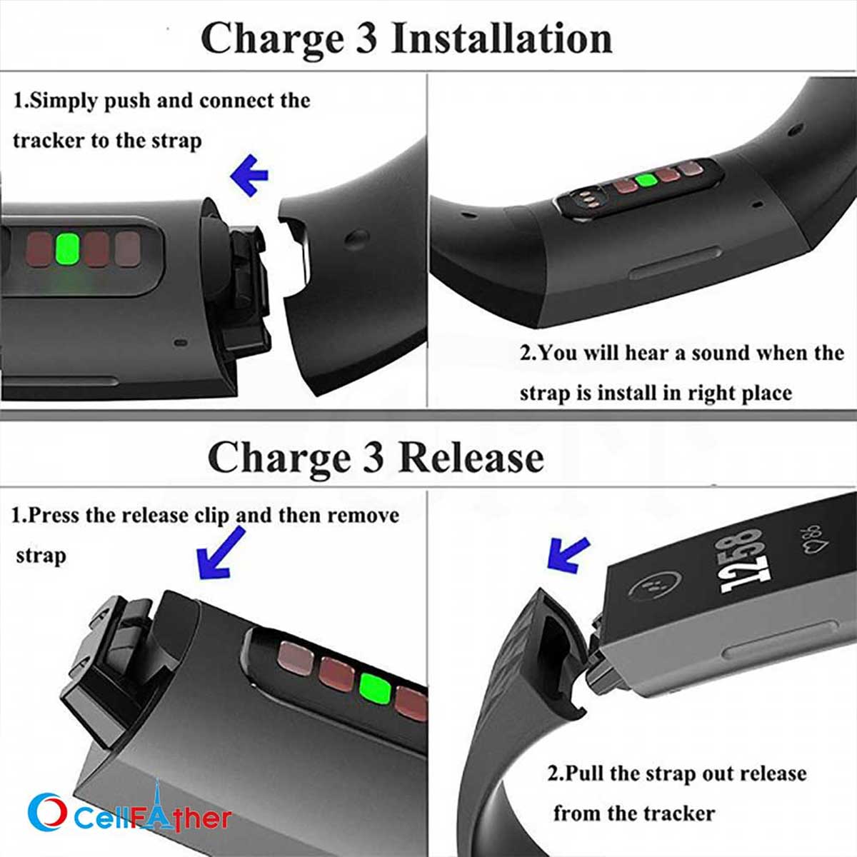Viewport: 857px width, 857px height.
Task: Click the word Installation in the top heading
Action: click(501, 39)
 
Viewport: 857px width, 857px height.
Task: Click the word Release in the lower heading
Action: click(471, 457)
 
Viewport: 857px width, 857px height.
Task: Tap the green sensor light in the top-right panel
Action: click(646, 179)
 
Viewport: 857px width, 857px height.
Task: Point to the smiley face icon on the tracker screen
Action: click(651, 588)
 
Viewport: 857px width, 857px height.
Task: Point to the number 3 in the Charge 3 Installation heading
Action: click(365, 39)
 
